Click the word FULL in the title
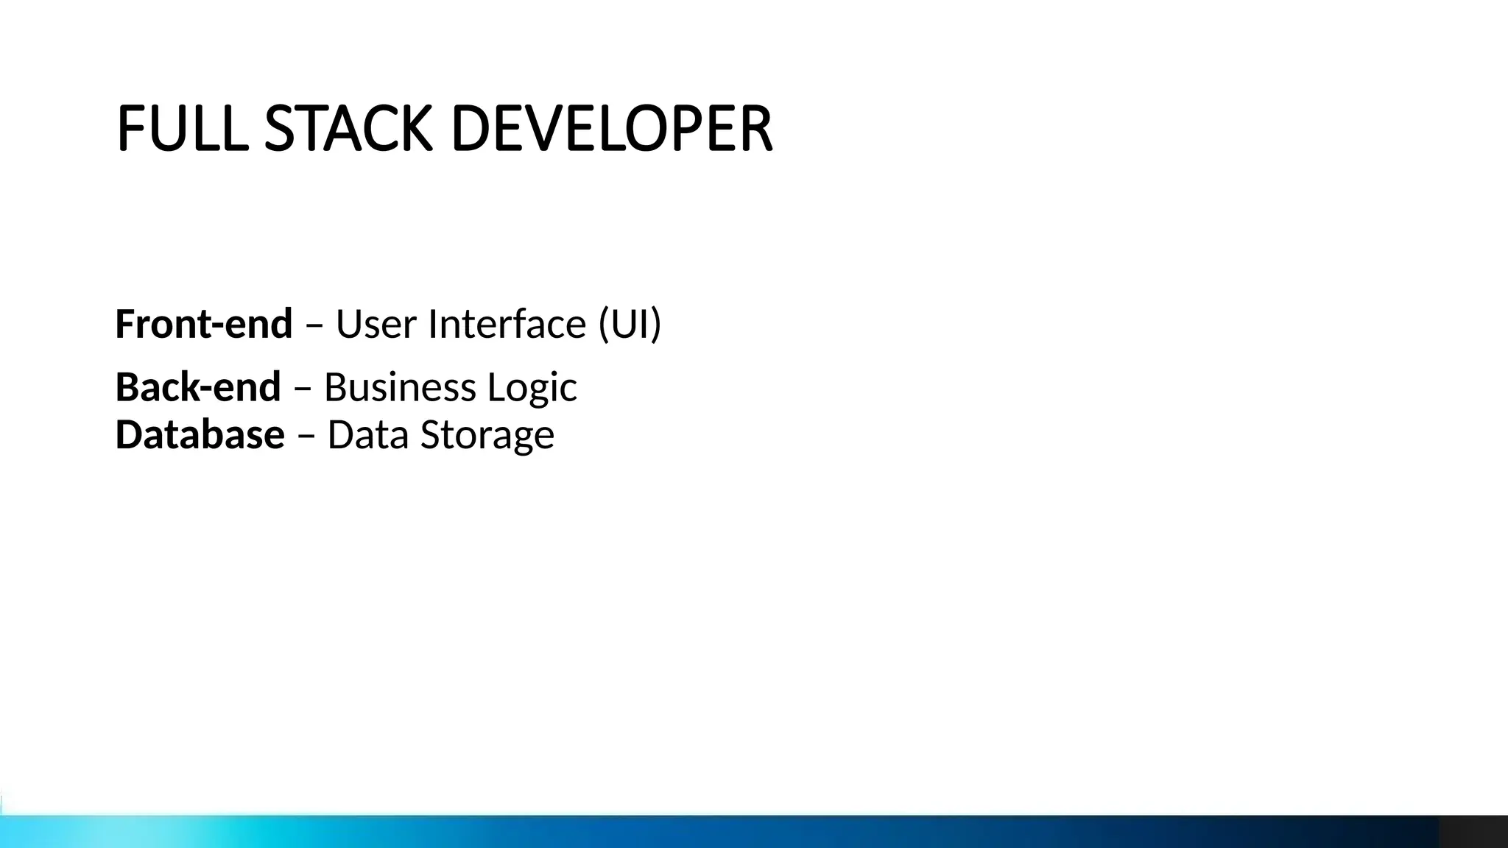pyautogui.click(x=181, y=129)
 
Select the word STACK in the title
pyautogui.click(x=348, y=129)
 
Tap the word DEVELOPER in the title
pyautogui.click(x=611, y=129)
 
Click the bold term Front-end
pyautogui.click(x=204, y=324)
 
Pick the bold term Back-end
pyautogui.click(x=198, y=387)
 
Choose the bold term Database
pyautogui.click(x=200, y=434)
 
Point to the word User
pyautogui.click(x=376, y=324)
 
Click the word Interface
pyautogui.click(x=507, y=324)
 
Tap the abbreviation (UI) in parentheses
pyautogui.click(x=630, y=324)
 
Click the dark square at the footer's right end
pyautogui.click(x=1473, y=832)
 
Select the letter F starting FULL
pyautogui.click(x=130, y=129)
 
